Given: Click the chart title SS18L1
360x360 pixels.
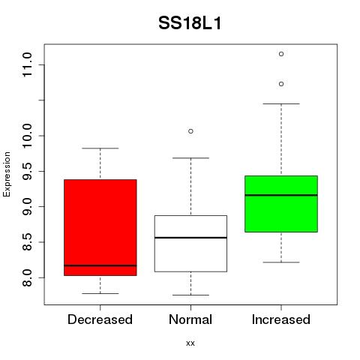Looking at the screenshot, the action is [190, 23].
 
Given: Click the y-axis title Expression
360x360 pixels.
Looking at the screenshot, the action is [7, 174].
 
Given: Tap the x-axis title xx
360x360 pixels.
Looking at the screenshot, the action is [190, 343].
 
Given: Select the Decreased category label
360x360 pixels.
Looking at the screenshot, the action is [100, 319].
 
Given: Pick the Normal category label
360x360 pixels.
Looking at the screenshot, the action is [190, 319].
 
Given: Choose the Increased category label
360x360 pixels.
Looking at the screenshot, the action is [281, 319].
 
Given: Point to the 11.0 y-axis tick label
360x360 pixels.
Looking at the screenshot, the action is [27, 64].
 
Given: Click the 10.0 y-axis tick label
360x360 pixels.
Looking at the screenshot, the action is [27, 136].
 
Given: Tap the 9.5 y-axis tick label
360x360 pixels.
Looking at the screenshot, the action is [27, 171].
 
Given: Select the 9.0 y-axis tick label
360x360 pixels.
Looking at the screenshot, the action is [27, 206].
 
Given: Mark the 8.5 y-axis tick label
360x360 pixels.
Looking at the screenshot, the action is [27, 242].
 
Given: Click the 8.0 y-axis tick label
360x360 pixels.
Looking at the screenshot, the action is [27, 277].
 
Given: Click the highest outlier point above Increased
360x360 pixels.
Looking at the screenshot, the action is [281, 54].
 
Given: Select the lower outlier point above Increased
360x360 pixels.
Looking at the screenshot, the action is [281, 84].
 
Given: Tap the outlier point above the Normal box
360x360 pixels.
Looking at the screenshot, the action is [190, 131].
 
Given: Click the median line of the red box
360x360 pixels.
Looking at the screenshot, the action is [100, 265].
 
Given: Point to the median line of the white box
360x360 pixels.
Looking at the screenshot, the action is [190, 238].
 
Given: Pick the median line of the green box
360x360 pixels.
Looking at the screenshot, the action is [281, 195].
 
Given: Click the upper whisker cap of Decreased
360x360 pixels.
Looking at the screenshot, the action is [100, 148].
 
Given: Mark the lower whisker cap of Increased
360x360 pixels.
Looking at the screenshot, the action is [281, 262].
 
